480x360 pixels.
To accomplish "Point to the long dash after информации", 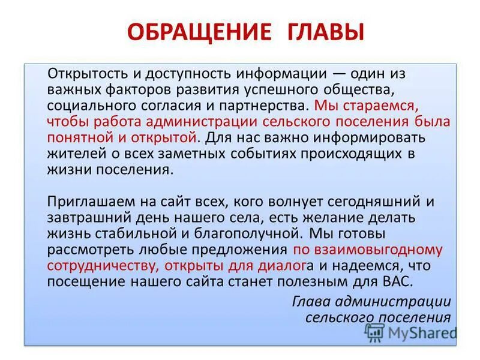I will [x=340, y=73].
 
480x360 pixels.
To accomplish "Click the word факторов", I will [x=139, y=89].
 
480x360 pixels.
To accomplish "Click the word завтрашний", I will [x=89, y=217].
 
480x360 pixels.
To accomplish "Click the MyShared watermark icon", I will [x=375, y=332].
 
